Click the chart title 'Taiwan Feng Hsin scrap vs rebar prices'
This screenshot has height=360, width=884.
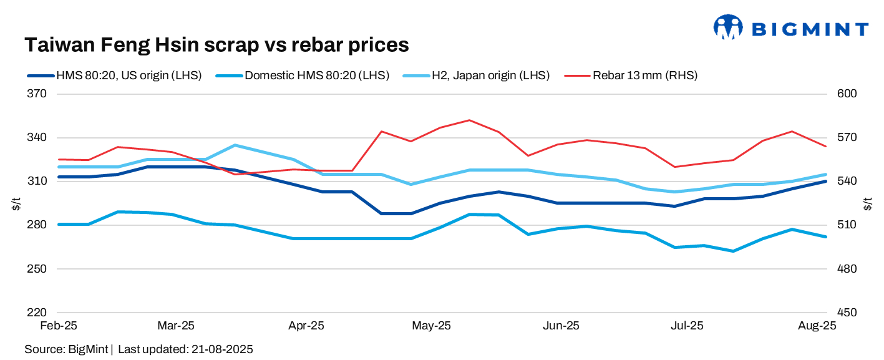(216, 45)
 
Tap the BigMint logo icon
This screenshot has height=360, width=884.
(728, 28)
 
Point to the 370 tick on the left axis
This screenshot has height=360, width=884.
(37, 94)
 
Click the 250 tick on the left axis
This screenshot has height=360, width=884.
(37, 269)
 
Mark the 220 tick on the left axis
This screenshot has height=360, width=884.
(37, 313)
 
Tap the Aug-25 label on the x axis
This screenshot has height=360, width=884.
(817, 326)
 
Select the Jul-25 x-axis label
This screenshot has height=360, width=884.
(687, 326)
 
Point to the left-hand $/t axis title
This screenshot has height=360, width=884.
(16, 203)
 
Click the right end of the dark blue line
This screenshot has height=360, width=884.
(825, 182)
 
